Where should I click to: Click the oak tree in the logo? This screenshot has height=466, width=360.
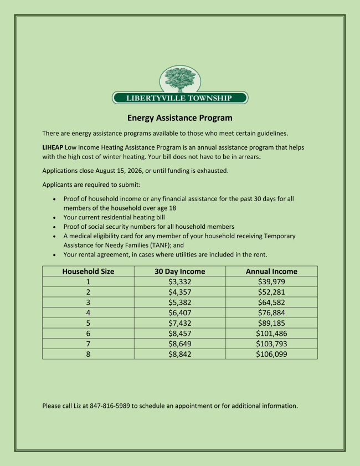(x=180, y=79)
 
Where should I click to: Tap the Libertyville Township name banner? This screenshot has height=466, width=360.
(x=180, y=98)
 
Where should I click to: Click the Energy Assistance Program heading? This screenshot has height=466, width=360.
(x=180, y=118)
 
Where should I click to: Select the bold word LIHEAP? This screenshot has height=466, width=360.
(x=53, y=148)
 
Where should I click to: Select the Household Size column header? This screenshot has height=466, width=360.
(x=88, y=272)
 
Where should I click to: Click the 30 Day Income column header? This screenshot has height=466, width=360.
(x=179, y=272)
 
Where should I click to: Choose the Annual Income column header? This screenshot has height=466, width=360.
(x=271, y=272)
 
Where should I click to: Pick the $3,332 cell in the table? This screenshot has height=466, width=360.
(x=179, y=282)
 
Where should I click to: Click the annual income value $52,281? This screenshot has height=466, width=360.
(x=271, y=292)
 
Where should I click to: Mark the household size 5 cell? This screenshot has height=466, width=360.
(x=88, y=323)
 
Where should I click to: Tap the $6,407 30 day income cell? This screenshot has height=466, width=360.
(x=179, y=313)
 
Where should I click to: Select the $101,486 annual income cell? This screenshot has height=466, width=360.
(x=271, y=334)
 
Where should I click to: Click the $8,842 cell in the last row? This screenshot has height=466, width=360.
(x=179, y=354)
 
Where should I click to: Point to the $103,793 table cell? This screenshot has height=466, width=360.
(x=271, y=344)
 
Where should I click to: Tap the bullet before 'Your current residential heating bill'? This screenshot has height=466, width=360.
(x=54, y=218)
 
